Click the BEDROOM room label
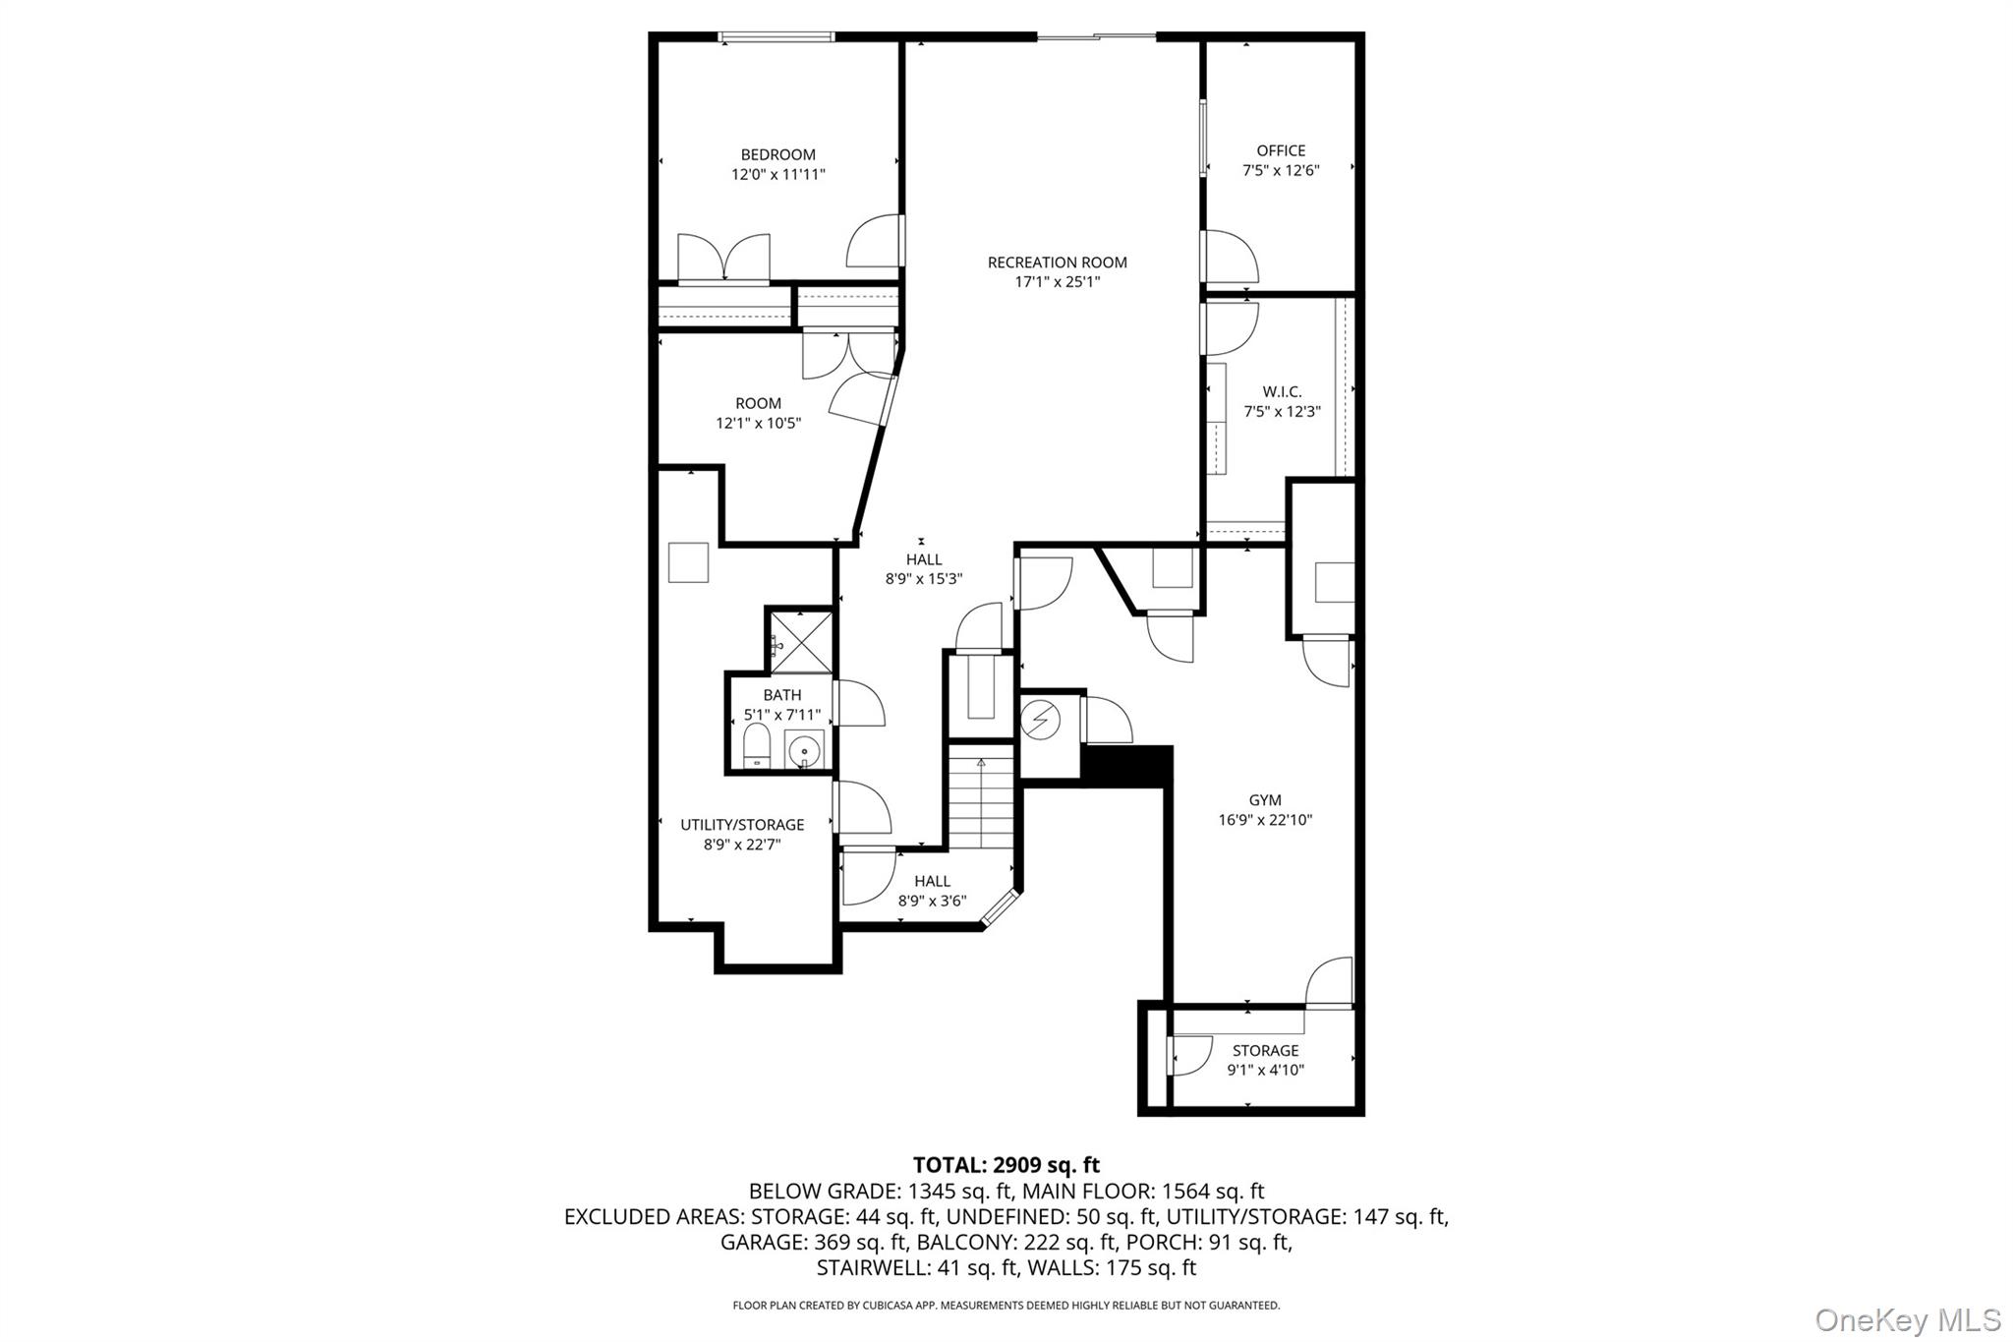[x=777, y=154]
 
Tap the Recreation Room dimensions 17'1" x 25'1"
[x=1057, y=282]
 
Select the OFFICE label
[x=1281, y=150]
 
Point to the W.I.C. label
[x=1282, y=391]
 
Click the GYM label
[x=1265, y=800]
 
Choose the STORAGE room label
[x=1265, y=1050]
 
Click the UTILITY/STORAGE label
[x=742, y=825]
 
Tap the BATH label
[x=782, y=695]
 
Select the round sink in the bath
[x=804, y=750]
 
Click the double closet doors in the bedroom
[x=723, y=259]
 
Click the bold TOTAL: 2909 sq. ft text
[x=1006, y=1165]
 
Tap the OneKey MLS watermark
[x=1908, y=1319]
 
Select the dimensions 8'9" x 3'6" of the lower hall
[x=932, y=901]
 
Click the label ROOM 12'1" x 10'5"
[x=758, y=413]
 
